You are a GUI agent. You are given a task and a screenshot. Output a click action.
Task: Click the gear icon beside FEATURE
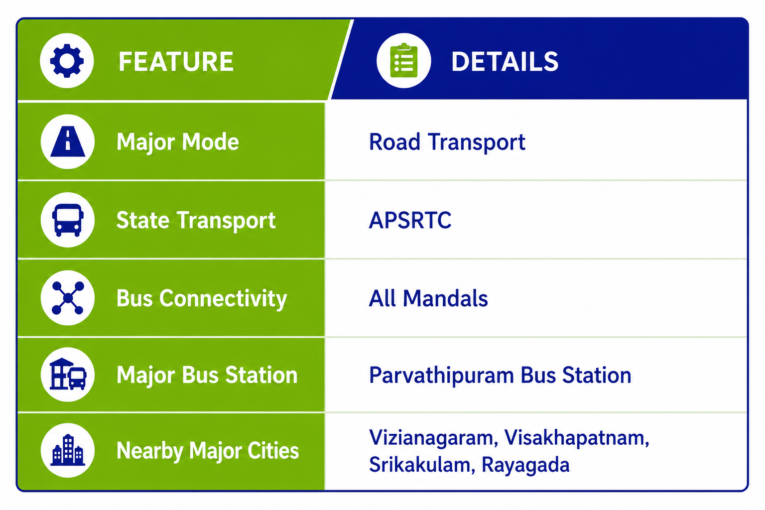[x=67, y=61]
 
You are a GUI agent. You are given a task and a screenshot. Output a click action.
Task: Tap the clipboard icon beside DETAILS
[x=404, y=60]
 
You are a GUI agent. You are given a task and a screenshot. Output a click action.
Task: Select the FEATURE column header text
[x=176, y=61]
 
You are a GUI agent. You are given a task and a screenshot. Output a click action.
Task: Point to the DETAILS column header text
[x=505, y=61]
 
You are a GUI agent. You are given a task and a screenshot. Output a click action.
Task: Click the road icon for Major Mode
[x=68, y=141]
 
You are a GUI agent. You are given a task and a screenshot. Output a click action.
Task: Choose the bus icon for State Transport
[x=68, y=220]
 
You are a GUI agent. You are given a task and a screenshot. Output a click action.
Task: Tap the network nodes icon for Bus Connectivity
[x=68, y=298]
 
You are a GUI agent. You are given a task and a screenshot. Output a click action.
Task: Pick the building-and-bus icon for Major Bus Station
[x=68, y=374]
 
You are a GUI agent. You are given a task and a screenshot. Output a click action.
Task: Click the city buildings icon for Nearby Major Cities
[x=68, y=450]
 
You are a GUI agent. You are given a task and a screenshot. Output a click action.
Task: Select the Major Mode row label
[x=178, y=142]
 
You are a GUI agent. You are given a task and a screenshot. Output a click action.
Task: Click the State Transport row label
[x=196, y=220]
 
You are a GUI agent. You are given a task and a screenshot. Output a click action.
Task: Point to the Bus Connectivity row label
[x=202, y=298]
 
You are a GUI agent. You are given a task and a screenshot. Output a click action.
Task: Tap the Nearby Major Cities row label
[x=208, y=451]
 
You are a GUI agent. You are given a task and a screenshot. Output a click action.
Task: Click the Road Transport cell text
[x=447, y=142]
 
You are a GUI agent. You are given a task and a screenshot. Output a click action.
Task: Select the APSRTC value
[x=410, y=220]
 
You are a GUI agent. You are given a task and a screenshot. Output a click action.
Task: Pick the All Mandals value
[x=428, y=298]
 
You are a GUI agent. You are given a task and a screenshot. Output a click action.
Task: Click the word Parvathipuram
[x=441, y=376]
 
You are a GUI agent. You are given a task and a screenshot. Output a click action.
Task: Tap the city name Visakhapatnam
[x=576, y=438]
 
